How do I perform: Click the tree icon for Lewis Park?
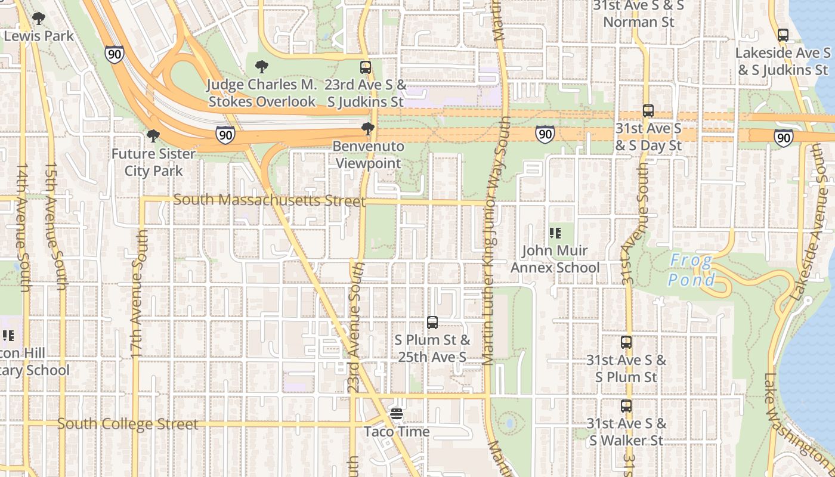(x=39, y=19)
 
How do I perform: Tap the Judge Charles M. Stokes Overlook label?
(x=261, y=93)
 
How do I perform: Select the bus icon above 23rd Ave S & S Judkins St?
(x=366, y=67)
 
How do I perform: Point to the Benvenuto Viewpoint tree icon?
(x=368, y=129)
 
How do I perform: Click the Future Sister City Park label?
(x=153, y=162)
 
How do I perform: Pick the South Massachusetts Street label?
(x=270, y=200)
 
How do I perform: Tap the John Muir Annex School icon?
(x=555, y=233)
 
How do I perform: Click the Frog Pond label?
(x=691, y=270)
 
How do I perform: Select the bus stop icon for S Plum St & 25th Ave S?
(x=432, y=323)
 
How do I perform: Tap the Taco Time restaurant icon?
(x=397, y=413)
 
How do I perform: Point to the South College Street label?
(x=128, y=425)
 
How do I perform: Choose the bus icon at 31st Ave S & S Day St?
(x=648, y=111)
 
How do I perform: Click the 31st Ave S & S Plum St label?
(x=626, y=368)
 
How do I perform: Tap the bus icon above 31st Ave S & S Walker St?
(x=626, y=406)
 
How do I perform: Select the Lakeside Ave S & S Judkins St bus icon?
(x=783, y=35)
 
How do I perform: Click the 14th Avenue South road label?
(x=23, y=228)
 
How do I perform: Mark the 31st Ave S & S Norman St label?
(x=638, y=14)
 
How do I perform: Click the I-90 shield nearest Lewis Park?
(x=115, y=54)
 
